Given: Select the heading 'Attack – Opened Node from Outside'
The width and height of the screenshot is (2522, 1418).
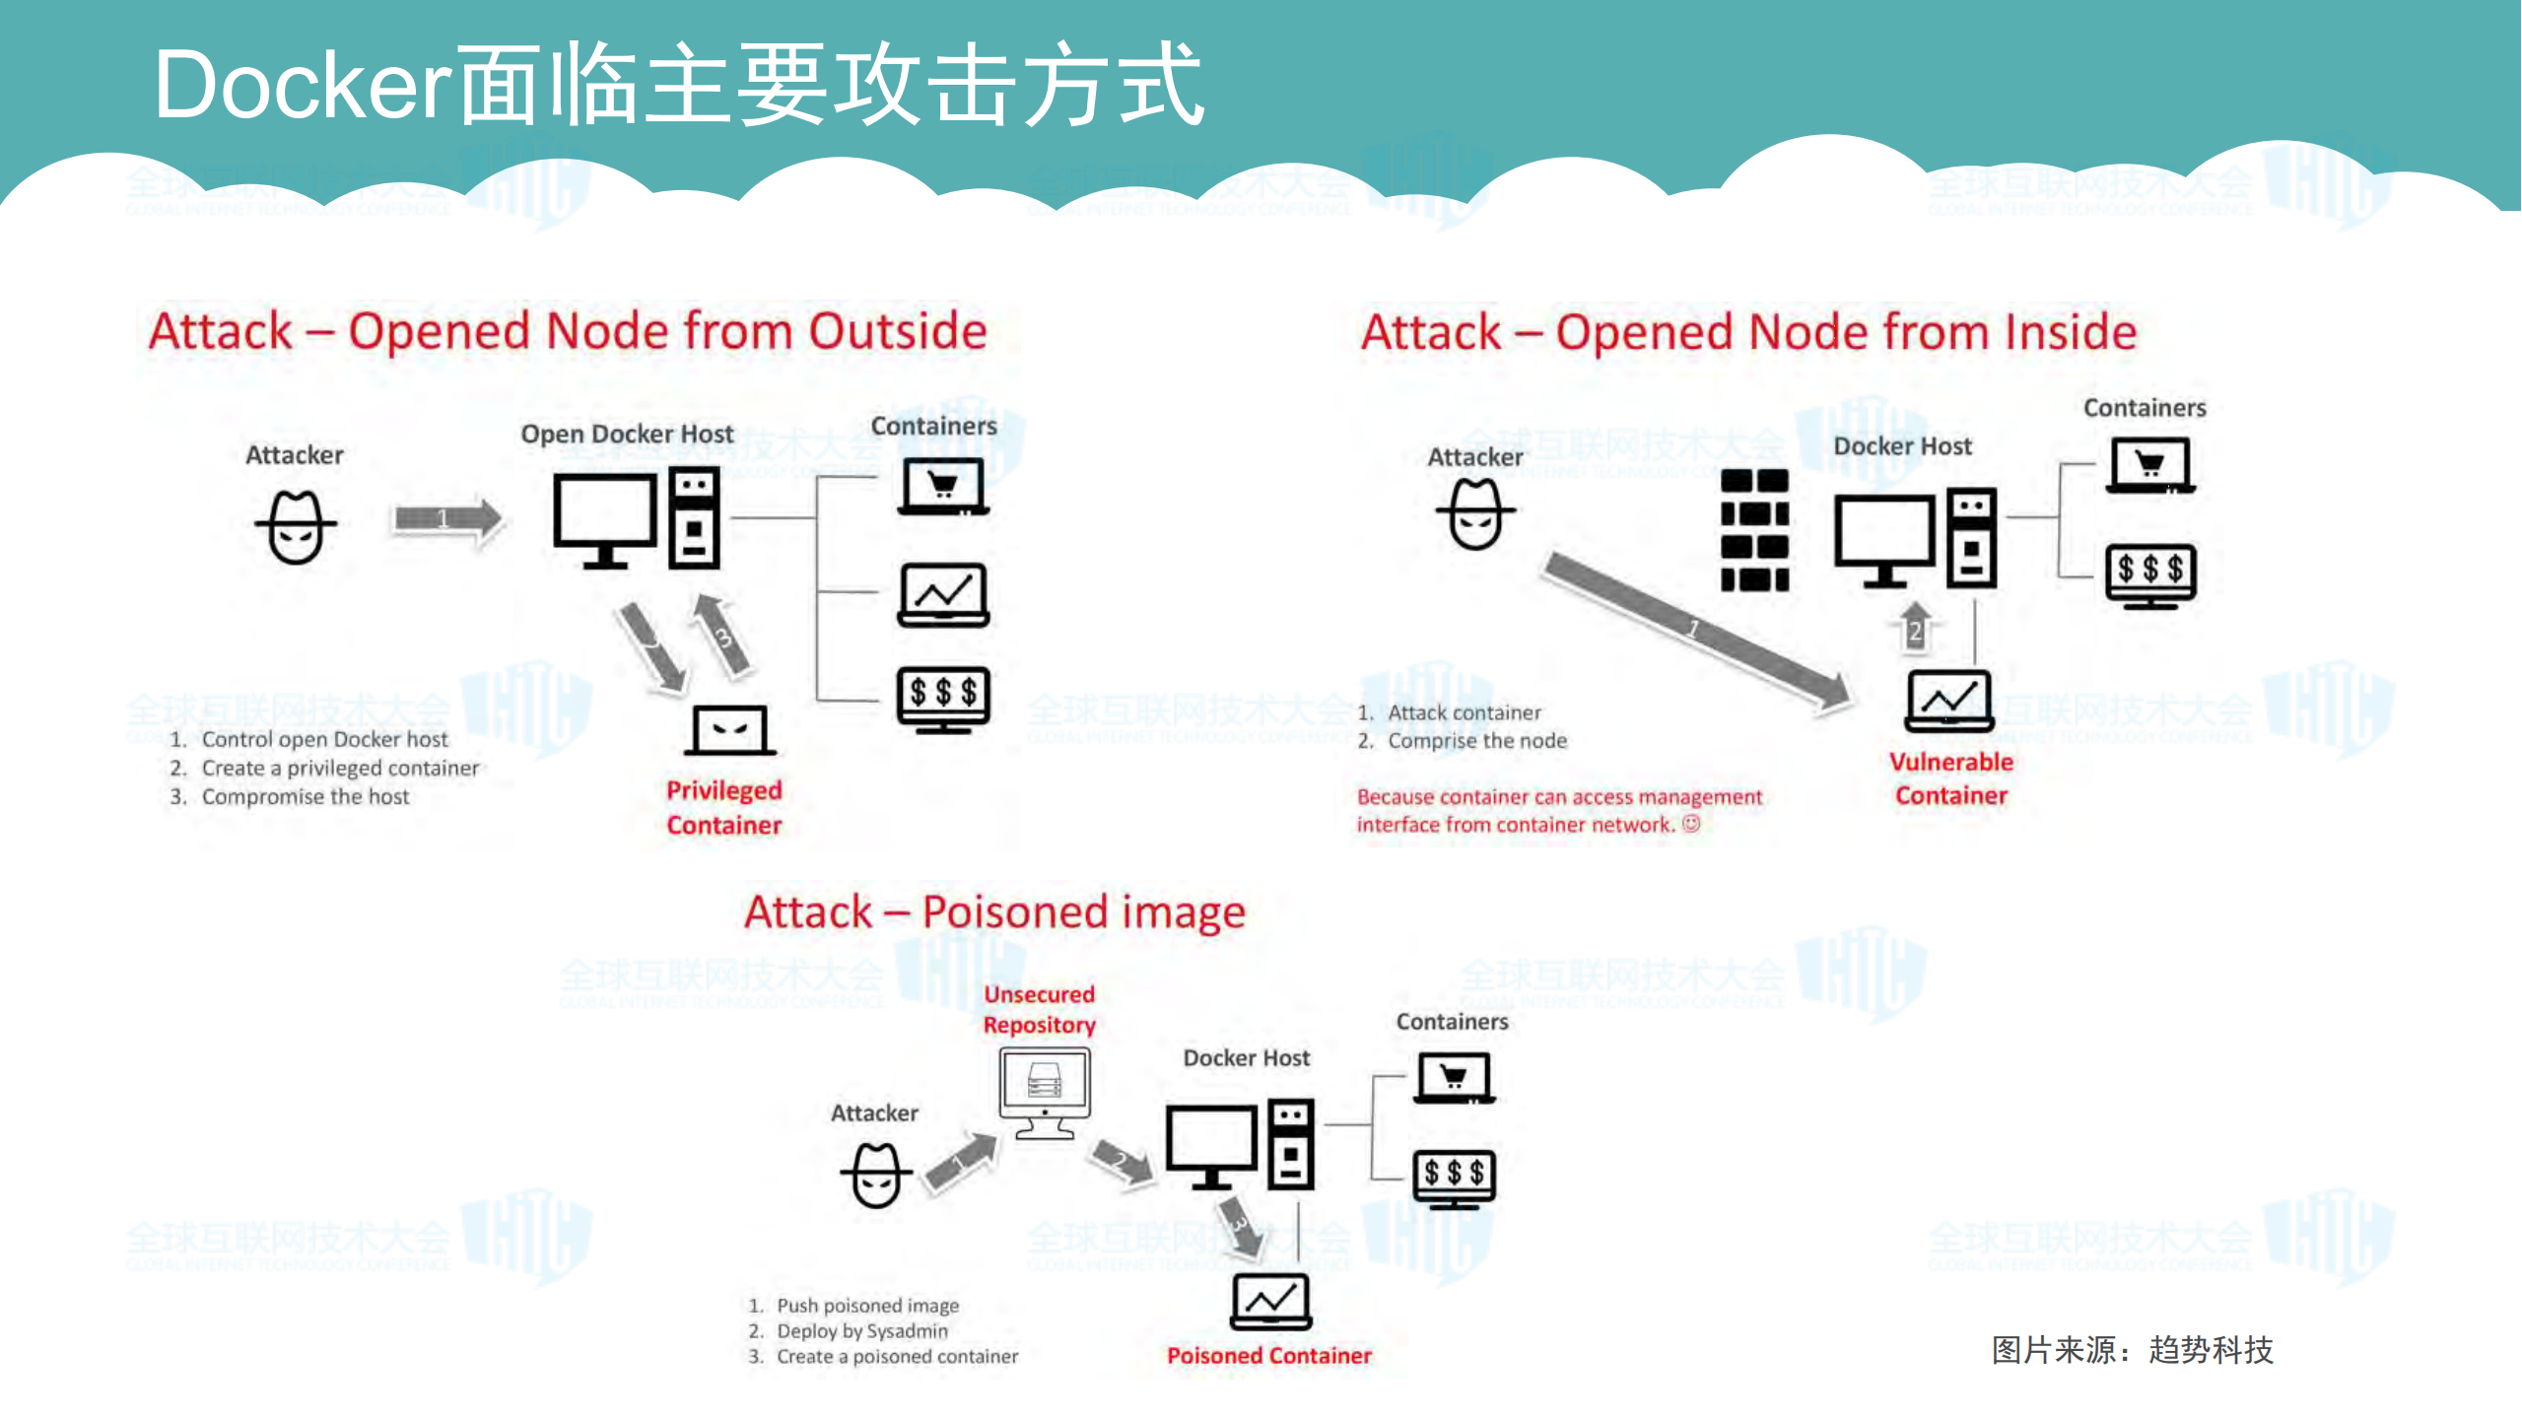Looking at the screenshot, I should [568, 331].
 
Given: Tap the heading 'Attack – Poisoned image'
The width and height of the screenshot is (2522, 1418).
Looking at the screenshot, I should [994, 912].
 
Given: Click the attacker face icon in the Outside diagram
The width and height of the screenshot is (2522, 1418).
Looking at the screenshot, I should [296, 528].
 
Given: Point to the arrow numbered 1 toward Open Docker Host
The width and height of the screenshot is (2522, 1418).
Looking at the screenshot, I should [447, 518].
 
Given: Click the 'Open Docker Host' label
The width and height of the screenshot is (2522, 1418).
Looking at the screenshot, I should [627, 434].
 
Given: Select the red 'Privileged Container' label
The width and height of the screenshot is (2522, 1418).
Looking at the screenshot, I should [723, 807].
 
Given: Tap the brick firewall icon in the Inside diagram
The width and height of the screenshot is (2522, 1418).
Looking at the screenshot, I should [1754, 530].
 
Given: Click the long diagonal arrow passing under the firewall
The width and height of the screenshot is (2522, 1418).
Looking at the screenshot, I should [1695, 631].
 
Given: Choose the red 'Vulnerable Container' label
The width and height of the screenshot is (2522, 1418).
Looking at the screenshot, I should [1950, 778].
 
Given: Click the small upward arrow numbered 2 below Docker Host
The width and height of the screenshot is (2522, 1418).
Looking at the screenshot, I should [1915, 627].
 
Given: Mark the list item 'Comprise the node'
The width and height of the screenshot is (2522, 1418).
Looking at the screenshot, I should [1476, 741].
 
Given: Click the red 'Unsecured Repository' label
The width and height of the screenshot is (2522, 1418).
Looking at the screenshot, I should [1039, 1009].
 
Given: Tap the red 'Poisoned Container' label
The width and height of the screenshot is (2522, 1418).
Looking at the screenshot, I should [1268, 1356].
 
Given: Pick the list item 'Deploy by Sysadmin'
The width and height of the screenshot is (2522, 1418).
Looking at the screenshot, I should [861, 1331].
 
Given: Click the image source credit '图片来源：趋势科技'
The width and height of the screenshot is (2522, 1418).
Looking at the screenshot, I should [2132, 1349].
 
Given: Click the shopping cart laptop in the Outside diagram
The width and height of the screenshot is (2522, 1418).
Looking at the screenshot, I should [943, 487].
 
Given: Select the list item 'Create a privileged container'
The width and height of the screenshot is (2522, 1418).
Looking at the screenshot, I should [340, 768].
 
